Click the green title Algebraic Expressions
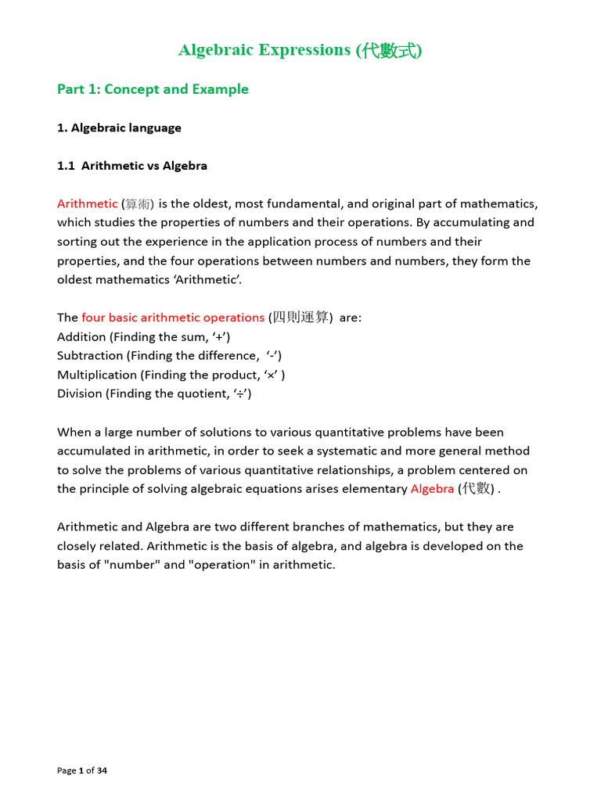click(265, 50)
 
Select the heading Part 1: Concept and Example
click(153, 89)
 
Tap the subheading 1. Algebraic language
click(119, 128)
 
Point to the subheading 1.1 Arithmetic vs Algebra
click(132, 166)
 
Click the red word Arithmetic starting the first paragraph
click(87, 203)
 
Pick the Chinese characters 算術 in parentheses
click(140, 204)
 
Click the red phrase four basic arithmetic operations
click(173, 318)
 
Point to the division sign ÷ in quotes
click(239, 393)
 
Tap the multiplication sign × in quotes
click(272, 375)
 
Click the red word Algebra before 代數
click(432, 489)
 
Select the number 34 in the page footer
click(102, 770)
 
